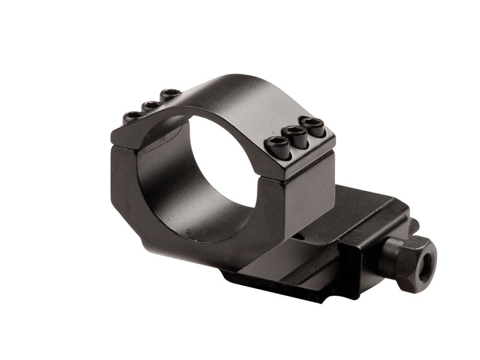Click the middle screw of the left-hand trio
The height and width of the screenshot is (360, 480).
click(x=151, y=106)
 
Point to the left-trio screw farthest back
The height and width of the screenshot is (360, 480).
click(x=170, y=94)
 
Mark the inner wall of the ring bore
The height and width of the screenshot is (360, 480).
click(x=162, y=180)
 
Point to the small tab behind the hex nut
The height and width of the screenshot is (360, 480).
click(x=413, y=226)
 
